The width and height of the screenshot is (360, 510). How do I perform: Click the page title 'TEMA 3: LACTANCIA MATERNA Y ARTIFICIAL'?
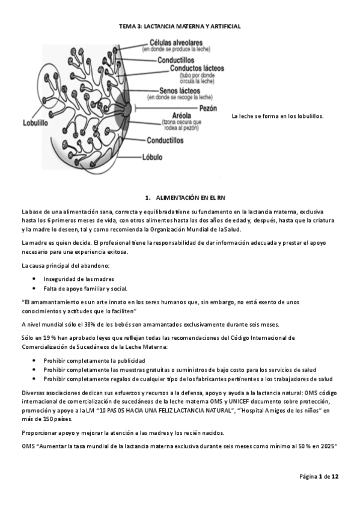tap(180, 27)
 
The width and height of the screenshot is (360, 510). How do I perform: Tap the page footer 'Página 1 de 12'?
tap(320, 476)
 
